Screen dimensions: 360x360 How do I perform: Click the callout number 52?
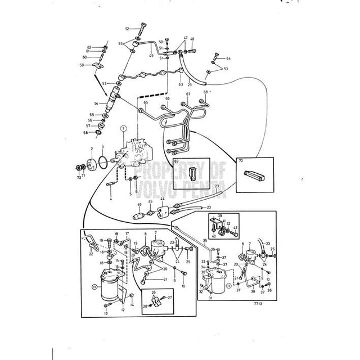(127, 28)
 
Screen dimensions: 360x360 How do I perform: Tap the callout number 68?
(205, 92)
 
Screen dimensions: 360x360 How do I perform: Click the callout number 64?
(228, 58)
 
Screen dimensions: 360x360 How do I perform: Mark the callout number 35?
(205, 240)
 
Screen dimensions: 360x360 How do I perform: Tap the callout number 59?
(82, 65)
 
